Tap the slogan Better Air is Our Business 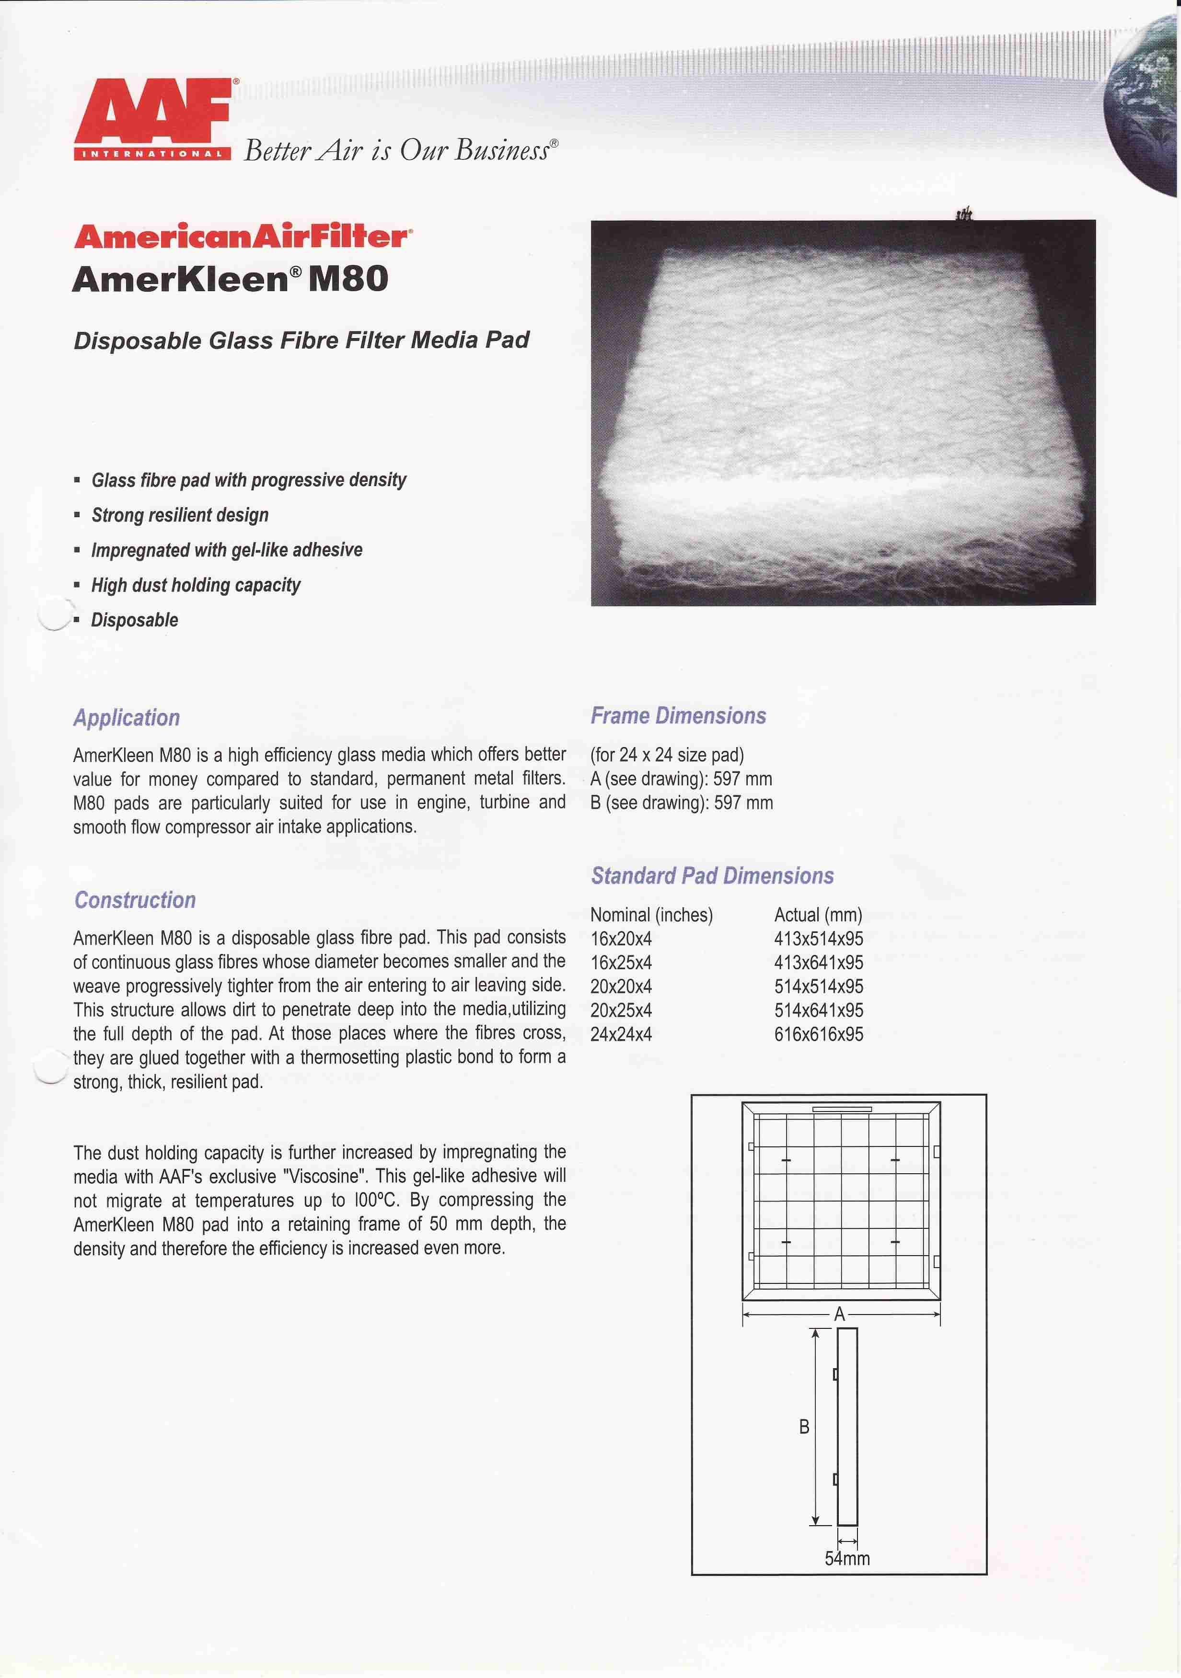(400, 150)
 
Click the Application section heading (127, 718)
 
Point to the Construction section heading (135, 900)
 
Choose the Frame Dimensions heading (678, 715)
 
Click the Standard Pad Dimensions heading (712, 875)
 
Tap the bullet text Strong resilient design (180, 515)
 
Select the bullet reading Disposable (135, 621)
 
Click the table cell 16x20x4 (621, 939)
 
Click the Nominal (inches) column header (651, 915)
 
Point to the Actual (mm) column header (818, 915)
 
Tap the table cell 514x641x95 (818, 1011)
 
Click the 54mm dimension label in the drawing (847, 1559)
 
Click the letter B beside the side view (804, 1427)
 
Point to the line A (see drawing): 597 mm (681, 779)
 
